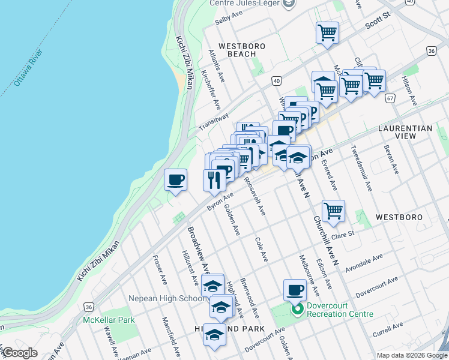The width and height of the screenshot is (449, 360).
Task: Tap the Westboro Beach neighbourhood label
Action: coord(237,50)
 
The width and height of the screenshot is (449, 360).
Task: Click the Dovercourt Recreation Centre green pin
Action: coord(296,310)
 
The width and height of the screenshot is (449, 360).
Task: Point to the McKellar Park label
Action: coord(109,320)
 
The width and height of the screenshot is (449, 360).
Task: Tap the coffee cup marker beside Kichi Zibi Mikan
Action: coord(176,180)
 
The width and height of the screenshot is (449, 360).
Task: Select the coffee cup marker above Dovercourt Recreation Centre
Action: coord(294,291)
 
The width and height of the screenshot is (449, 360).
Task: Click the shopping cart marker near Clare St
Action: coord(333,211)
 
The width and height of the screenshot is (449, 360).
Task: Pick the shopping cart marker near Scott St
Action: coord(327,33)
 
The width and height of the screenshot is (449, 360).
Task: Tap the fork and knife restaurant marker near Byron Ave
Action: coord(214,179)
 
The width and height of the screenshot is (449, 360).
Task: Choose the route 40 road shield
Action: coord(276,80)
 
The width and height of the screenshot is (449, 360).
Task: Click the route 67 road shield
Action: coord(391,98)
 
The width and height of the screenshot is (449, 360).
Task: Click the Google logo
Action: coord(20,353)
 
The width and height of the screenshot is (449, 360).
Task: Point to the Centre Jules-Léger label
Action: coord(246,3)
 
